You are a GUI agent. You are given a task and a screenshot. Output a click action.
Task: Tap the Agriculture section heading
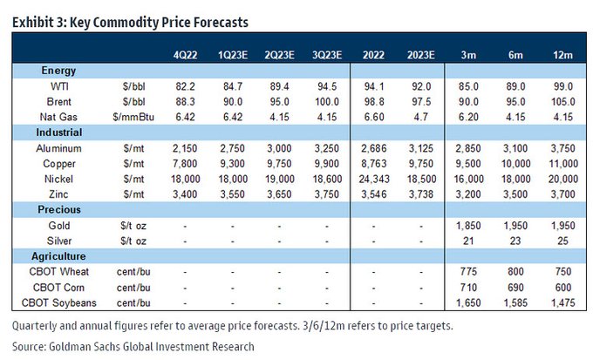point(59,257)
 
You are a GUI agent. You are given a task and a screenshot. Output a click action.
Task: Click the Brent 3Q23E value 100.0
point(327,102)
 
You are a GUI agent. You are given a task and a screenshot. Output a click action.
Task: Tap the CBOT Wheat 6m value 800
point(517,274)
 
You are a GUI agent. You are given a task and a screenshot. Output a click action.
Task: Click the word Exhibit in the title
point(33,21)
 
